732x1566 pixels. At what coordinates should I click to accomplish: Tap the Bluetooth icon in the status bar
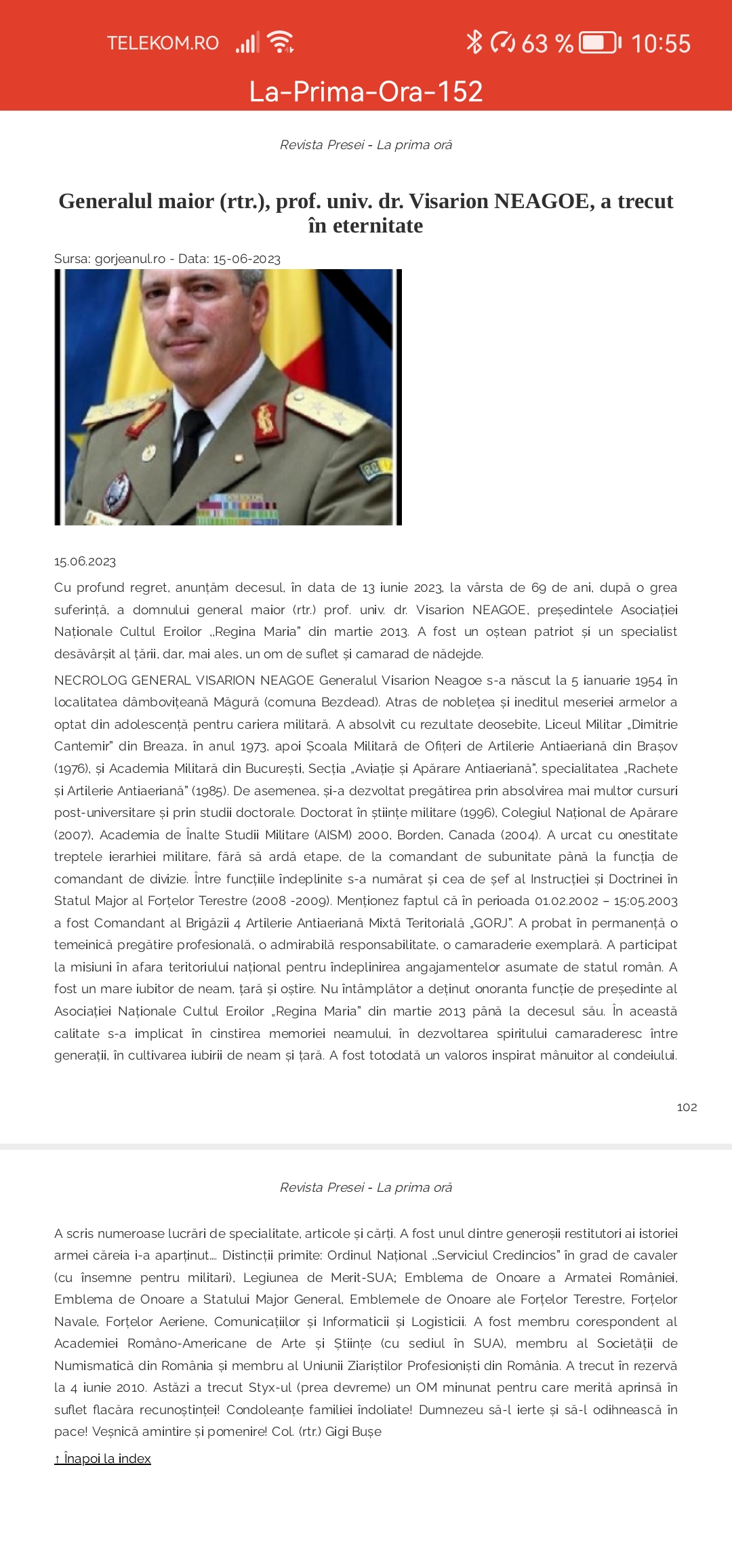(474, 42)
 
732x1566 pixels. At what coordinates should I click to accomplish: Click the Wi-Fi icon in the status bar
(281, 42)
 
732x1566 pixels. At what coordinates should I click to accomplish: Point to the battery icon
(599, 43)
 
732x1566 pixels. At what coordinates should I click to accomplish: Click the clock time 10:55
(661, 43)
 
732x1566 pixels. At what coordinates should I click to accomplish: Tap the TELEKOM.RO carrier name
(163, 43)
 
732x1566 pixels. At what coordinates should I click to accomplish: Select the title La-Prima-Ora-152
(366, 92)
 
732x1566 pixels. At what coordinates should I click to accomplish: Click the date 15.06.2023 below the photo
(85, 561)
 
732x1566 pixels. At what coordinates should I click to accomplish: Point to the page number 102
(687, 1107)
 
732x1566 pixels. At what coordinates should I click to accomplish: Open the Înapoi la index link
(102, 1458)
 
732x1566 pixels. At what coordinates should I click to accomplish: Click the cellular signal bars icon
(247, 43)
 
